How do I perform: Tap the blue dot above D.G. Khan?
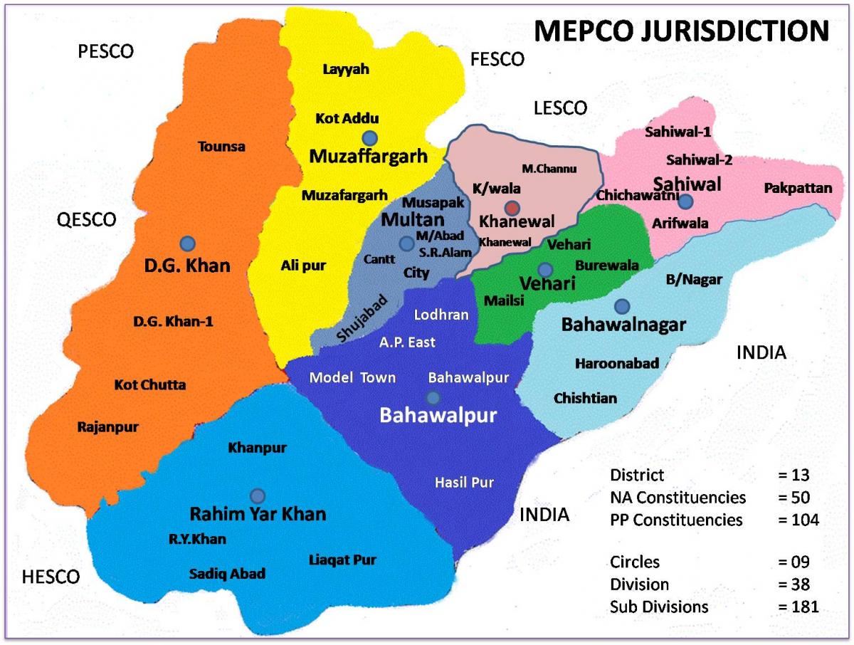click(187, 243)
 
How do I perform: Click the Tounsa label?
click(221, 147)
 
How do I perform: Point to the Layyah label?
click(342, 69)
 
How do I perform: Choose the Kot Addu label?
click(347, 118)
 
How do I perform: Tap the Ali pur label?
click(303, 266)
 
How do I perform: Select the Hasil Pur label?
click(464, 483)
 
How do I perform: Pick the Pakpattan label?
click(798, 189)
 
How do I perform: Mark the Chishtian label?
click(586, 398)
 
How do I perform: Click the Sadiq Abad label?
click(227, 573)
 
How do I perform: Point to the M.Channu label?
click(549, 169)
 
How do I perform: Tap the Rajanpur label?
click(107, 427)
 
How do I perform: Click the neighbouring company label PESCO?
click(106, 52)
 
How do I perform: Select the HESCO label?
click(50, 577)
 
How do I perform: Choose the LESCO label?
click(560, 107)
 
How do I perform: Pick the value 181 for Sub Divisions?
click(798, 607)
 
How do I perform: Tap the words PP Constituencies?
click(676, 520)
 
